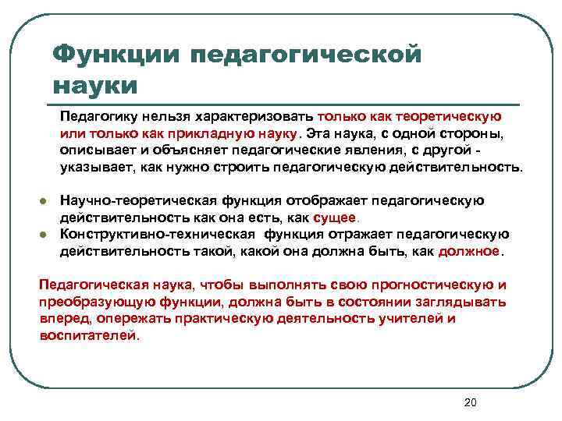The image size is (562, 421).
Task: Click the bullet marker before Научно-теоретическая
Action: (45, 202)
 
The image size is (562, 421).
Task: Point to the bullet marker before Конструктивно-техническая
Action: (45, 235)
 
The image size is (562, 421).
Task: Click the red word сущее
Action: (334, 218)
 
